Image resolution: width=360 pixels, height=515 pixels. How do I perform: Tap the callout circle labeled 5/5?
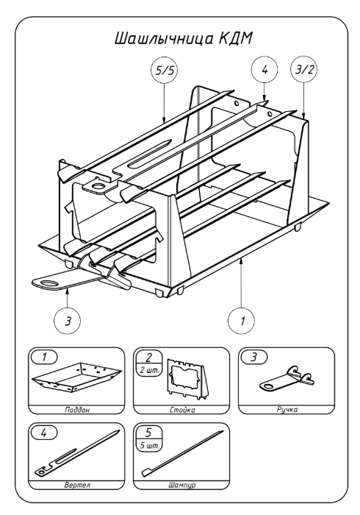coord(165,71)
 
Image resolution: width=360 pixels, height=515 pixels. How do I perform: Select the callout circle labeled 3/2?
coord(304,71)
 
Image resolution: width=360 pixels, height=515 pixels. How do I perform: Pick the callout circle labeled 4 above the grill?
coord(264,70)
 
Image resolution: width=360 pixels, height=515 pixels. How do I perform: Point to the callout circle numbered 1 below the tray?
coord(242,321)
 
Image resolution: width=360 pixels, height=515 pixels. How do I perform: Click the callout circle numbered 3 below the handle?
coord(67,321)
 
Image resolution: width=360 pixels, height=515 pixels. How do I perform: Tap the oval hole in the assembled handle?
coord(49,283)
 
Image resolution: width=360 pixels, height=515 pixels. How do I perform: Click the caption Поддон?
coord(77,410)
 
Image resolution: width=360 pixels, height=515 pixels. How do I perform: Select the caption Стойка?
coord(182,410)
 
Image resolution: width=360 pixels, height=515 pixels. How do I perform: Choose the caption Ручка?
coord(287,409)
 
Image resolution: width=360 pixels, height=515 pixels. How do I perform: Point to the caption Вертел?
coord(77,485)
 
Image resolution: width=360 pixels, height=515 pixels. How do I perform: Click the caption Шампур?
coord(182,485)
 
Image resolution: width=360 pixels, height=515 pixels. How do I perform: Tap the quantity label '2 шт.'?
coord(149,371)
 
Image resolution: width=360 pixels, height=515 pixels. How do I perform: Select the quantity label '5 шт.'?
coord(149,446)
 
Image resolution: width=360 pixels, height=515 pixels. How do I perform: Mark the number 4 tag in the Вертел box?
coord(44,433)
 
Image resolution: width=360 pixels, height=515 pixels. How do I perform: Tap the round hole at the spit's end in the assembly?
coord(98,187)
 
